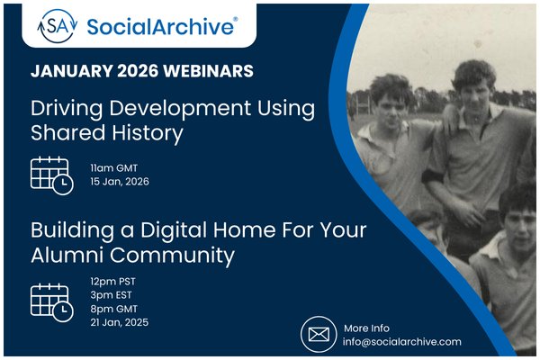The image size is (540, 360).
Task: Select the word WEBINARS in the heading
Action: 213,70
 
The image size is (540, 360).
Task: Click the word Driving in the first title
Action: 66,109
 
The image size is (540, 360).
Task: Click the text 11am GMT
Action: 114,167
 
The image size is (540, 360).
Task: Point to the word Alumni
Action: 65,256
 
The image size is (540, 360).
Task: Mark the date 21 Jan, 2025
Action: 120,322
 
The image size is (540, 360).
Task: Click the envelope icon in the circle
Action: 318,335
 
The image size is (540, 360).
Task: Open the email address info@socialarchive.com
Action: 403,342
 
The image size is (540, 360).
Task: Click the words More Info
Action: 367,328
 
